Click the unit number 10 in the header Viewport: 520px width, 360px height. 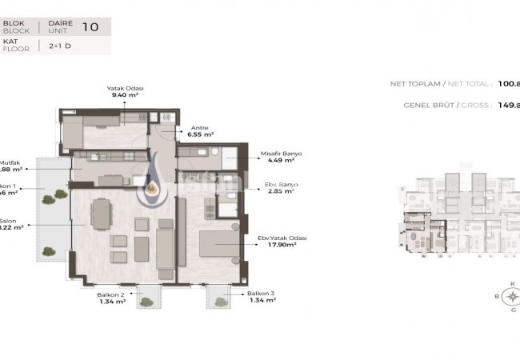(90, 26)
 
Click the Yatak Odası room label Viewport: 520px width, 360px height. (124, 88)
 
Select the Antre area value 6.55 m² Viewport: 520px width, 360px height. (201, 135)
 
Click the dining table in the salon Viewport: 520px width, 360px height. (102, 213)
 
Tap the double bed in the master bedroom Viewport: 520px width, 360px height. (217, 246)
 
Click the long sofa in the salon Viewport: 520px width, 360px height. (166, 242)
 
